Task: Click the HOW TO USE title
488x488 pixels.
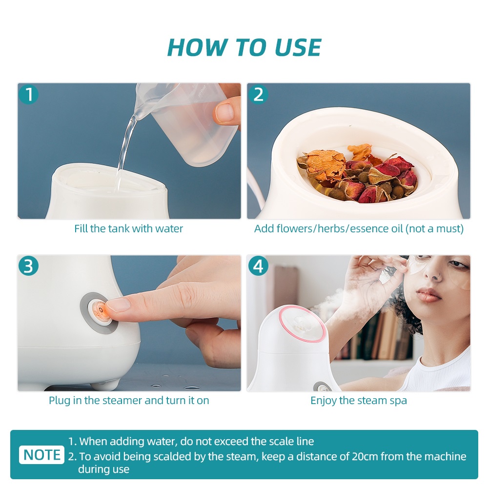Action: pos(244,47)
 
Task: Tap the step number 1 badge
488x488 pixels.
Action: pos(29,94)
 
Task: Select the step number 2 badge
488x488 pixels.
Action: pos(258,94)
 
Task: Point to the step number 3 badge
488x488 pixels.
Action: pos(29,266)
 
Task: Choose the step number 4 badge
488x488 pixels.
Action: pos(258,266)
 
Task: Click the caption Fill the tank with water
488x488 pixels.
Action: pos(128,229)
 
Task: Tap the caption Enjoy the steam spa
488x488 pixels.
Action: pos(359,401)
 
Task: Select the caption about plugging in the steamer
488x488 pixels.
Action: pos(129,401)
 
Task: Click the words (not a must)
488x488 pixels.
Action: pos(434,229)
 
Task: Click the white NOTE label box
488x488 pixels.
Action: pos(41,455)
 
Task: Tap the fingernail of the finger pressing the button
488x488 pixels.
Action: pos(118,305)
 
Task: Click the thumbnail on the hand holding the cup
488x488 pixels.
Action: pos(224,112)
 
